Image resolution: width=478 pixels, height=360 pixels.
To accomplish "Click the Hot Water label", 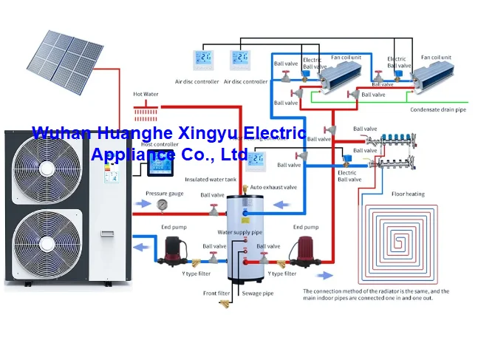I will (145, 95).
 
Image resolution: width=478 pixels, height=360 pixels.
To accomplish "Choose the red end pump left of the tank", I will (173, 248).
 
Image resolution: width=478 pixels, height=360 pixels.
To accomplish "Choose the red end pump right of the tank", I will (304, 248).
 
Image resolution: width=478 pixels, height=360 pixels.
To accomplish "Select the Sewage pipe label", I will (258, 293).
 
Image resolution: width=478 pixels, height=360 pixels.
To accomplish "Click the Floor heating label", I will (407, 194).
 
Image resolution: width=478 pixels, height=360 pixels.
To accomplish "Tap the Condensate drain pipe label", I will (438, 109).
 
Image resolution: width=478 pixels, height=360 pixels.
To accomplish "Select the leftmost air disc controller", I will (204, 59).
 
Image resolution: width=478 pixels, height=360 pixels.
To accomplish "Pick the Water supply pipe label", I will (239, 232).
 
